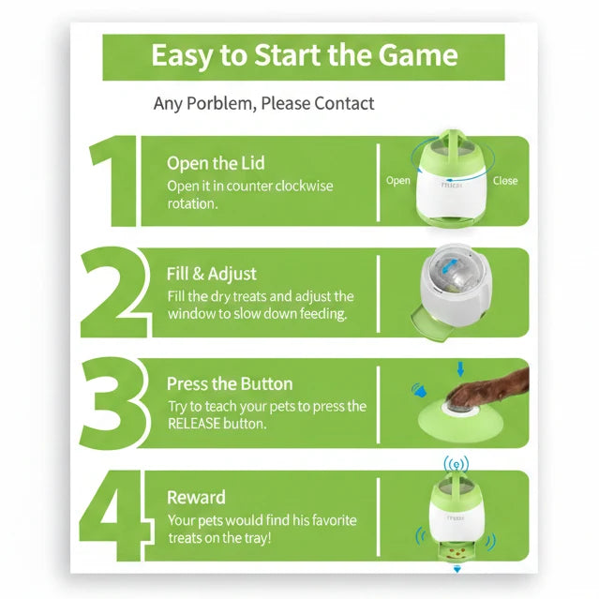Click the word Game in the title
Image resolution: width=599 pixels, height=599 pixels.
click(x=418, y=55)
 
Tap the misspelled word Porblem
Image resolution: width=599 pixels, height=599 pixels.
click(x=219, y=103)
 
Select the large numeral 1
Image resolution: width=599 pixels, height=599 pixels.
click(x=112, y=181)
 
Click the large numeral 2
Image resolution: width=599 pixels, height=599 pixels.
click(x=115, y=292)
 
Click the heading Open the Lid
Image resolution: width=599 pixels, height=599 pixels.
click(x=216, y=163)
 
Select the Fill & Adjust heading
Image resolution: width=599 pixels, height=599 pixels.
click(x=211, y=274)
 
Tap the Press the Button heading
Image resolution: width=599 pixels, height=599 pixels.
click(x=230, y=384)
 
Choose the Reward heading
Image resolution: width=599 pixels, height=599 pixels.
click(x=196, y=498)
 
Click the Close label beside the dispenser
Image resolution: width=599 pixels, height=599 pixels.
click(x=505, y=181)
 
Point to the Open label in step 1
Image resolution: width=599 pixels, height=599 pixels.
click(x=398, y=181)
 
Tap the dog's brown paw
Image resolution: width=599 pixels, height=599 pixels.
click(x=486, y=389)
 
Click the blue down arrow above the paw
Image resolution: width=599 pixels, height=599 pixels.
click(x=460, y=369)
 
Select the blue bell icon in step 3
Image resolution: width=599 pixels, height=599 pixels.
click(x=419, y=390)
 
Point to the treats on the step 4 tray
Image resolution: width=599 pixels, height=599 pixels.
click(x=457, y=552)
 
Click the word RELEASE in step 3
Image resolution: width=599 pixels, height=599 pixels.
click(x=194, y=424)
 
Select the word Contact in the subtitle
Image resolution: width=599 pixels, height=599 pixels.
click(x=344, y=103)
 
